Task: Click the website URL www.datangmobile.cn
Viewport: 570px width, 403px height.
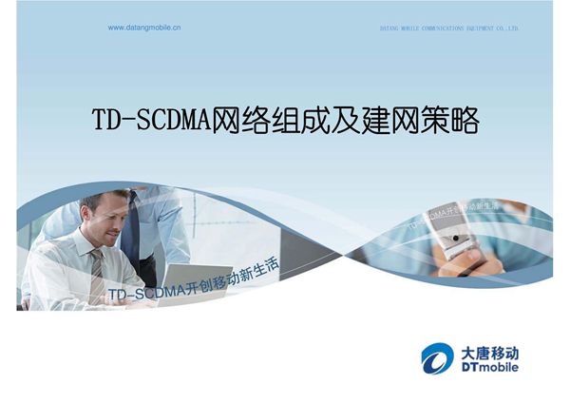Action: tap(144, 28)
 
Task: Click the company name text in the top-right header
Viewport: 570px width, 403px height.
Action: tap(443, 29)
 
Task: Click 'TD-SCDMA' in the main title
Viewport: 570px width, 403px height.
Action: tap(151, 122)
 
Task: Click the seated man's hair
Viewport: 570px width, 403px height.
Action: tap(103, 201)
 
